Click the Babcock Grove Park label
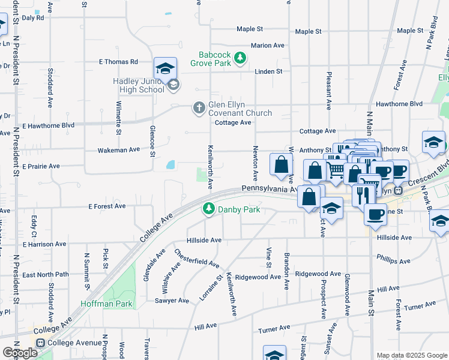click(211, 58)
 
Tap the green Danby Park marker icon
click(208, 209)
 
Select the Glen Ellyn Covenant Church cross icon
click(199, 108)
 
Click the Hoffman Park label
click(115, 304)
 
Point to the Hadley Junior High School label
click(138, 85)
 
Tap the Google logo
click(20, 353)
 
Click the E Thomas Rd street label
click(118, 62)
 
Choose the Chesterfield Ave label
click(197, 257)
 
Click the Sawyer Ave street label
click(172, 301)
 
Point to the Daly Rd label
click(33, 18)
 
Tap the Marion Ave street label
click(267, 46)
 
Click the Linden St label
click(268, 71)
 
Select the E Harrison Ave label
click(44, 244)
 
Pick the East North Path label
click(46, 275)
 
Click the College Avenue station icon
click(41, 343)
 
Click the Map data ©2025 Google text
click(412, 355)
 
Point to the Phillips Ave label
click(393, 260)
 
